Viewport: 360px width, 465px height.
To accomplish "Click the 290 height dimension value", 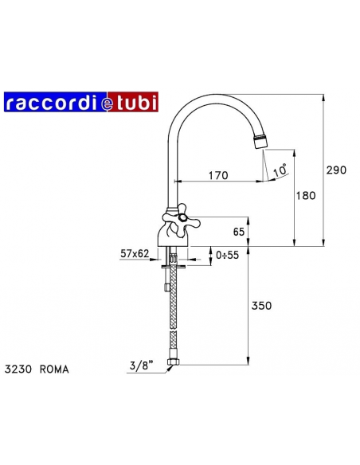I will click(338, 169).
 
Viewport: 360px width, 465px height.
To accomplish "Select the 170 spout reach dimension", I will click(218, 175).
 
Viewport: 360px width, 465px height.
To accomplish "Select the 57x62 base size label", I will click(135, 253).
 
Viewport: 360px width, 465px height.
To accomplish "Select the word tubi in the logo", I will click(136, 101).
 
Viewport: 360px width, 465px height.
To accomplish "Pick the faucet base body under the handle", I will click(174, 236).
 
